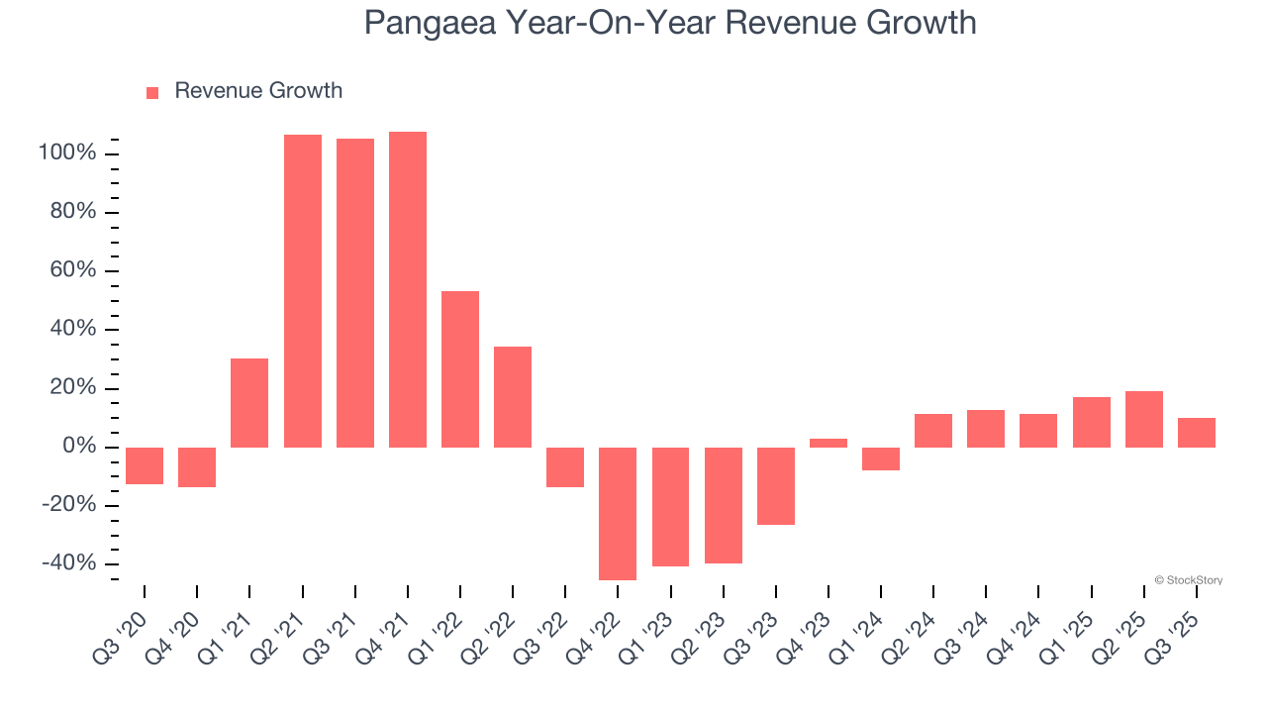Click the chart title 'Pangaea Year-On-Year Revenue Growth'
[x=670, y=22]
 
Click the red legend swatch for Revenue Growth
[x=152, y=92]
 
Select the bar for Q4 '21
[x=408, y=289]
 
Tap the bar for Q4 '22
[x=618, y=513]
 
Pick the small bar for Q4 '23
[x=828, y=443]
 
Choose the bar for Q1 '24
[x=881, y=458]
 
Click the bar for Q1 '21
[x=249, y=402]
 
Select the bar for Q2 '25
[x=1144, y=419]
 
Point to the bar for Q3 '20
[x=145, y=465]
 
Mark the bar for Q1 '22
[x=460, y=368]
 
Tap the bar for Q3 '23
[x=776, y=485]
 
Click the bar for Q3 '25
[x=1197, y=432]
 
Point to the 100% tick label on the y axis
[x=67, y=153]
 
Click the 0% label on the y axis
[x=78, y=447]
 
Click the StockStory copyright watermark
[x=1188, y=580]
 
